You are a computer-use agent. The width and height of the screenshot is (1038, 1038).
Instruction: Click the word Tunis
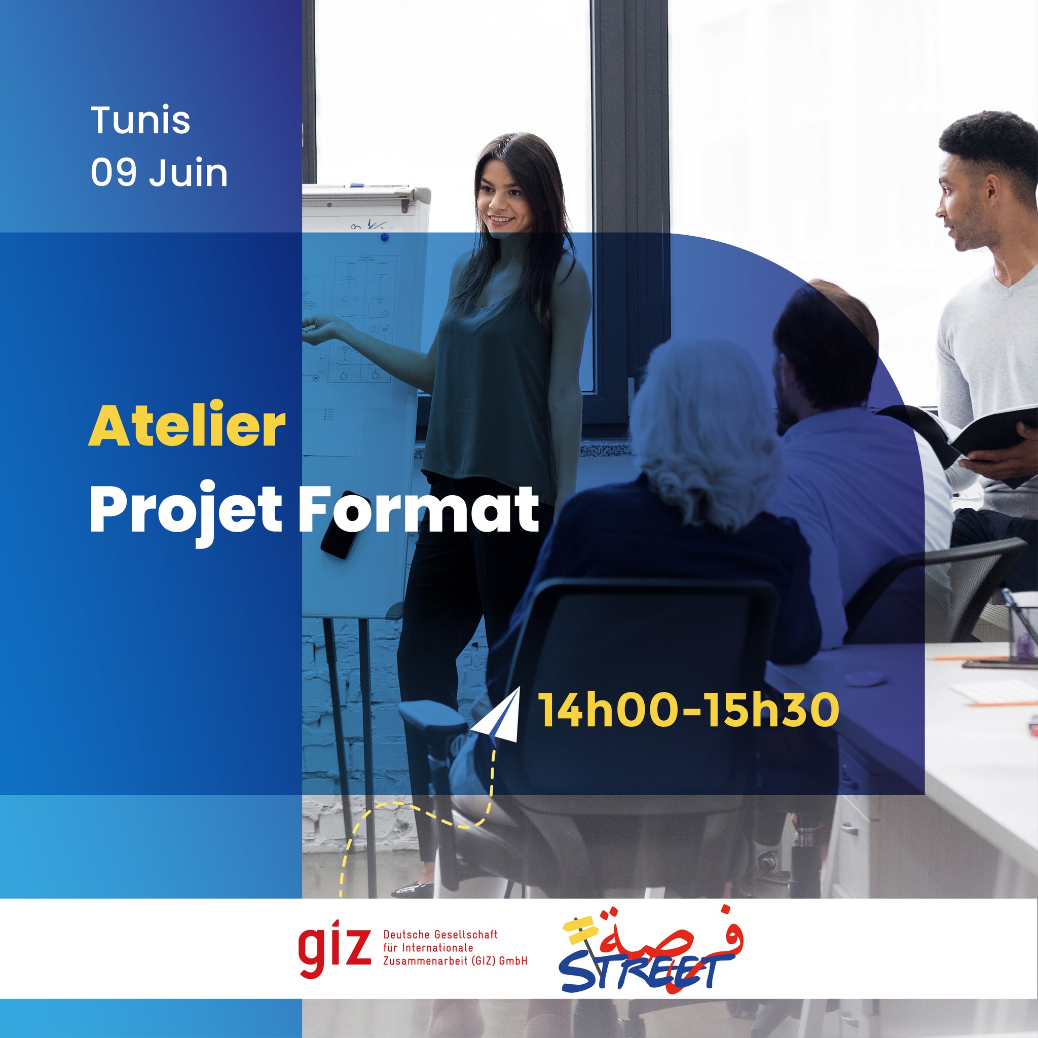click(141, 120)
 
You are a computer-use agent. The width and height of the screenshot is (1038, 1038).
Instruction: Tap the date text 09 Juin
click(159, 172)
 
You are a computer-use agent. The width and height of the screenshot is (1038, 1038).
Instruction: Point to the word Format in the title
click(419, 507)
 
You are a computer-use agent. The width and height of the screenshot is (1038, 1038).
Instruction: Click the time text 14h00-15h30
click(688, 710)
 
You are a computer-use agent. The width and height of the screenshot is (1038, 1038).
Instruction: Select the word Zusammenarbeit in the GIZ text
click(424, 961)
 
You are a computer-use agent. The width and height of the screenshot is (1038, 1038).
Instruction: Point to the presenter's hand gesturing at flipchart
click(321, 328)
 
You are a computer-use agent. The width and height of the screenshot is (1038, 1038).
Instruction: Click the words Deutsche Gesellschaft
click(440, 934)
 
